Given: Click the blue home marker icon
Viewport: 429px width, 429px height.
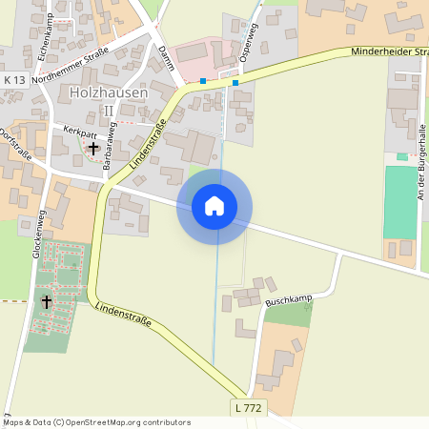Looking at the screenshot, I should [214, 206].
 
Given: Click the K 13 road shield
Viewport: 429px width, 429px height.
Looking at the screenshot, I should [15, 79].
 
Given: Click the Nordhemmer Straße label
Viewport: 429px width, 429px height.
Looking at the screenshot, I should [71, 64].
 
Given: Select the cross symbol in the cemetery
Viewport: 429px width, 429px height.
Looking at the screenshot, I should [47, 301].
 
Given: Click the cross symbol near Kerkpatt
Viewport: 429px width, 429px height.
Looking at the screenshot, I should [92, 148].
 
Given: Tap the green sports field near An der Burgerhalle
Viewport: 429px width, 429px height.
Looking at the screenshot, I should [400, 202].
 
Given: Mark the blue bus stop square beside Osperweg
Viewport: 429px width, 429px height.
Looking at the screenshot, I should [235, 83].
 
